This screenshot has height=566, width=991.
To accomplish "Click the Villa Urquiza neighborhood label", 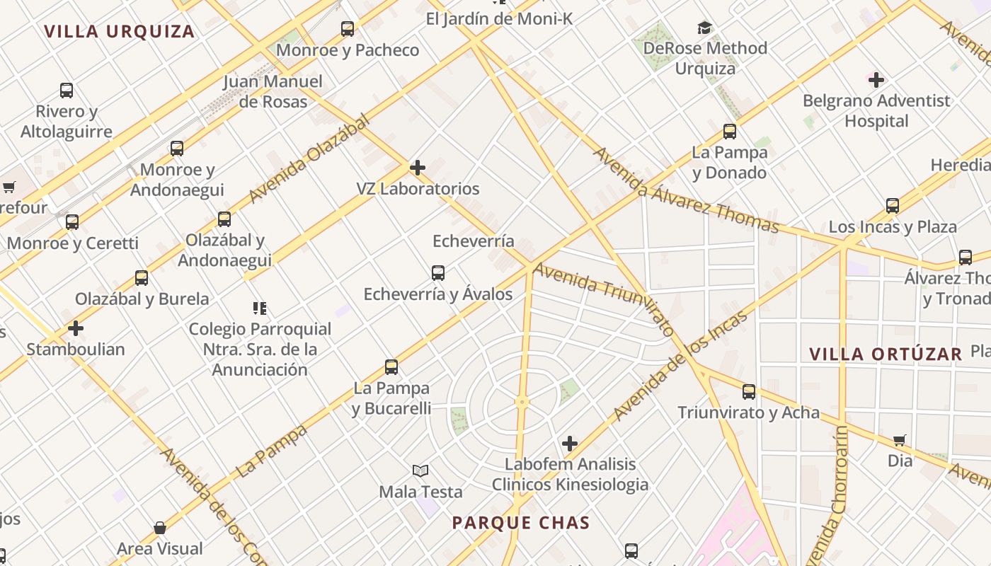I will tap(119, 31).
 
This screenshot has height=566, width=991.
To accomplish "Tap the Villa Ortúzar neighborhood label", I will tap(886, 354).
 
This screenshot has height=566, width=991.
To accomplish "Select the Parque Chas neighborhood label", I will tap(521, 523).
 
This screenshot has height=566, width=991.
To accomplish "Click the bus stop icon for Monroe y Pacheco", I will tap(348, 29).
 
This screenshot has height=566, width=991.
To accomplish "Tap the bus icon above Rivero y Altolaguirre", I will tap(67, 91).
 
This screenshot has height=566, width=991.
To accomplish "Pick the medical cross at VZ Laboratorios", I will tap(418, 168).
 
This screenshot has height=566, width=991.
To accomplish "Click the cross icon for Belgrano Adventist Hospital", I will tap(876, 79).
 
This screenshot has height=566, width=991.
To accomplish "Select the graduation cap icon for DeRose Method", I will tap(704, 28).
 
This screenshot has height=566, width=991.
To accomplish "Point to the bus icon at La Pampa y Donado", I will tap(730, 132).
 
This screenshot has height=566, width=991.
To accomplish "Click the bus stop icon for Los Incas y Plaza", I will tap(893, 206).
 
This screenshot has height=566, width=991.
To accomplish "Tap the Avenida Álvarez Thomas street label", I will tap(685, 190).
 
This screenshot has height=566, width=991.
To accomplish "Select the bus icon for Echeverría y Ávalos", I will tap(438, 272).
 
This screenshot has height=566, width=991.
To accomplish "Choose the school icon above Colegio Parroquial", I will tap(260, 308).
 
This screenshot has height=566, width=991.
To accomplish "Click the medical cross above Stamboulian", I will tap(76, 328).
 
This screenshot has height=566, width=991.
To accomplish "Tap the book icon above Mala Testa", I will tap(420, 470).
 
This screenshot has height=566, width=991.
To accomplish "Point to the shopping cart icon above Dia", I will tap(900, 440).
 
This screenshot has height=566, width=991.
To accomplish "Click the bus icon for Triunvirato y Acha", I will tap(749, 391).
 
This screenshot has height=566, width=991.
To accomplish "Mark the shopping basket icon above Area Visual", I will tap(160, 528).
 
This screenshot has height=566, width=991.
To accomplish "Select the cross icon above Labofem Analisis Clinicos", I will tap(570, 444).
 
